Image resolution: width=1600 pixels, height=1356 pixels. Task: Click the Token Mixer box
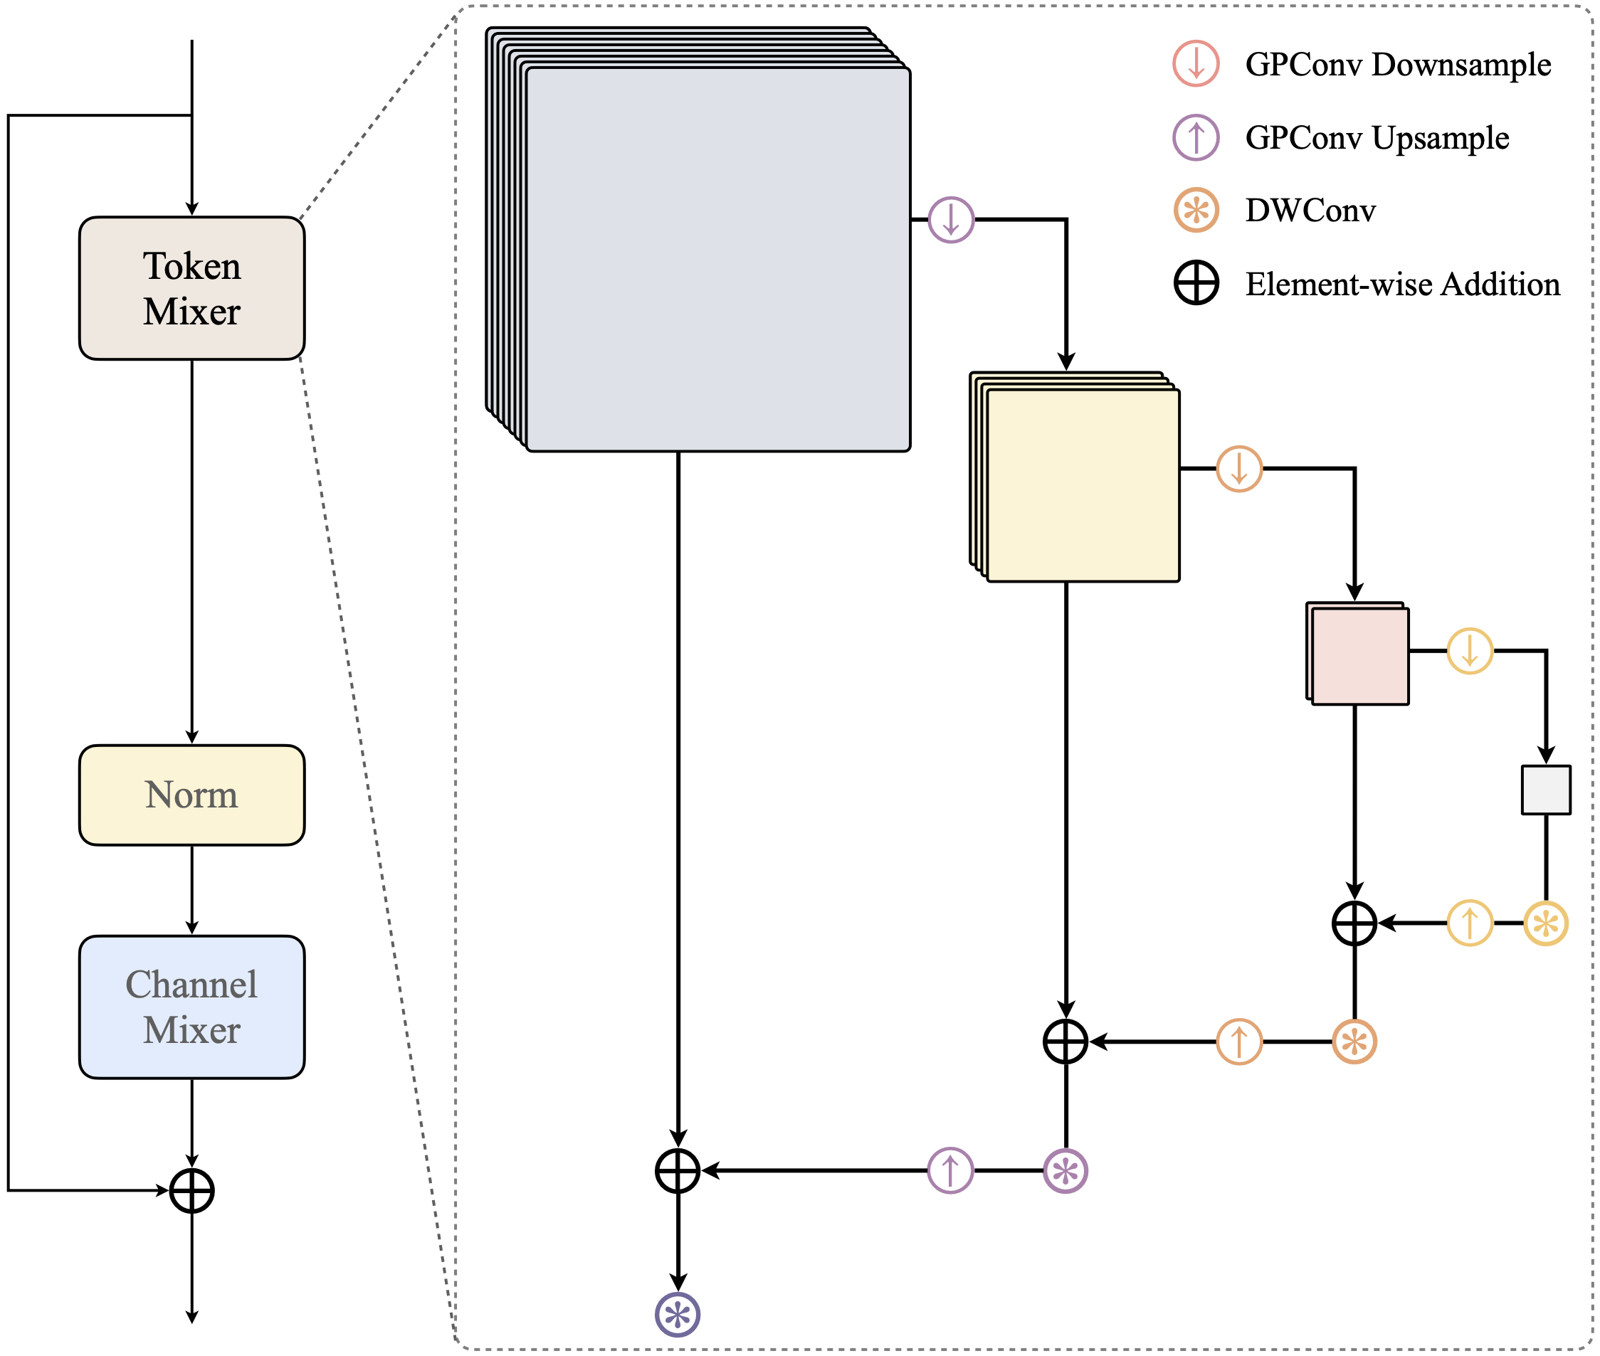pyautogui.click(x=191, y=288)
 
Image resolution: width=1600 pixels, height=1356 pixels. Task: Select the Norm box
pyautogui.click(x=191, y=795)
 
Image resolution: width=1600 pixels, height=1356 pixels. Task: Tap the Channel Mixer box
pyautogui.click(x=191, y=1007)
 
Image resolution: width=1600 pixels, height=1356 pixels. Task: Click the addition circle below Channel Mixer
pyautogui.click(x=191, y=1191)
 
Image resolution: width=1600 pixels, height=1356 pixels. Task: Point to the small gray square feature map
pyautogui.click(x=1546, y=790)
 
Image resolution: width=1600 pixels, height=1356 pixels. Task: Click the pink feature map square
pyautogui.click(x=1360, y=657)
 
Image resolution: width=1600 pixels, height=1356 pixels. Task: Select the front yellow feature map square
pyautogui.click(x=1083, y=485)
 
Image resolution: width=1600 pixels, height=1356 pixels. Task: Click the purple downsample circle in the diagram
pyautogui.click(x=951, y=220)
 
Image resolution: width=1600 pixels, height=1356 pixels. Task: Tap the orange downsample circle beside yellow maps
pyautogui.click(x=1239, y=468)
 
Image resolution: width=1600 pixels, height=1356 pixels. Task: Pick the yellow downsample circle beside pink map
pyautogui.click(x=1470, y=651)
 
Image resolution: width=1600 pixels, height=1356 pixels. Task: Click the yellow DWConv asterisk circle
pyautogui.click(x=1546, y=923)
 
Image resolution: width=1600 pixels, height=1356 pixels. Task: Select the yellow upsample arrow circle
pyautogui.click(x=1470, y=923)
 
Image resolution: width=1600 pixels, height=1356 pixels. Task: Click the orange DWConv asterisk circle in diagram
pyautogui.click(x=1354, y=1042)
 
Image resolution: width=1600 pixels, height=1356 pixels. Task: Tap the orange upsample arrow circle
pyautogui.click(x=1239, y=1042)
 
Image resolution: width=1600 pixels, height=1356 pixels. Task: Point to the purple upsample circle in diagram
pyautogui.click(x=950, y=1171)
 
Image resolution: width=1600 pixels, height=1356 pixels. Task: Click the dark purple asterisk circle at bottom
pyautogui.click(x=678, y=1315)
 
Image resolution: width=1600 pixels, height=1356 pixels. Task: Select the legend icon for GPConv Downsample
pyautogui.click(x=1196, y=64)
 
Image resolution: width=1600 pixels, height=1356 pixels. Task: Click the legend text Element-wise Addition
pyautogui.click(x=1402, y=285)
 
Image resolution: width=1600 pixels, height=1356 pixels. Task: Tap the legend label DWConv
pyautogui.click(x=1310, y=211)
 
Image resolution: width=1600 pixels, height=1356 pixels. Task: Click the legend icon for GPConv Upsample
pyautogui.click(x=1196, y=137)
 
